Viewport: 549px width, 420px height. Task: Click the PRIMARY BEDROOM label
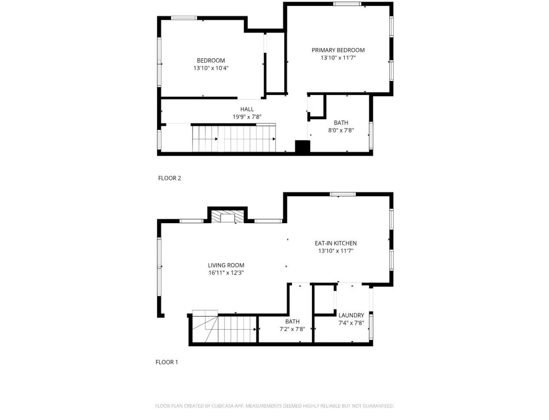tap(338, 50)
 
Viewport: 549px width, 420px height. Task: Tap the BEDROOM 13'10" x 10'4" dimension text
tap(211, 68)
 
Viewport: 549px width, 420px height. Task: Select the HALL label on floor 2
tap(247, 109)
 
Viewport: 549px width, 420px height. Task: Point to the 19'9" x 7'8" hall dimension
tap(247, 117)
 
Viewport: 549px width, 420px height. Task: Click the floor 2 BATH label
tap(341, 123)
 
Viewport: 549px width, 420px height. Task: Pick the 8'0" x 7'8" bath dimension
tap(341, 130)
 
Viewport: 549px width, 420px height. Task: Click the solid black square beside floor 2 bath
tap(302, 147)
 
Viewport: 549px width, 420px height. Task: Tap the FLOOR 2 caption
tap(170, 178)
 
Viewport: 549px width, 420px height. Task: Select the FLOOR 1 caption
tap(167, 362)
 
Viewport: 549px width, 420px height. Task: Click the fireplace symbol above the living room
tap(228, 216)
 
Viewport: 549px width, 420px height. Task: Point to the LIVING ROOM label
tap(226, 266)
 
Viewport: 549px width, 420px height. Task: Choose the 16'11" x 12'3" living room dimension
tap(226, 273)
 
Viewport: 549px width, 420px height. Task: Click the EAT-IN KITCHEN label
tap(336, 244)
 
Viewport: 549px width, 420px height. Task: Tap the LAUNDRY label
tap(351, 316)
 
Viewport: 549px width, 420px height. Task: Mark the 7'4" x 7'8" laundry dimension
tap(351, 323)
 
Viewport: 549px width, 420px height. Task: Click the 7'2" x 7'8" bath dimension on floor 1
tap(293, 329)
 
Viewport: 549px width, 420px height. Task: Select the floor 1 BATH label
tap(293, 322)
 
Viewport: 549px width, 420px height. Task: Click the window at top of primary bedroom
tap(347, 4)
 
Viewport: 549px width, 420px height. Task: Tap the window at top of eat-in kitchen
tap(343, 194)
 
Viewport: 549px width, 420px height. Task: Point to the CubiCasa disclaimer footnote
tap(274, 406)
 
